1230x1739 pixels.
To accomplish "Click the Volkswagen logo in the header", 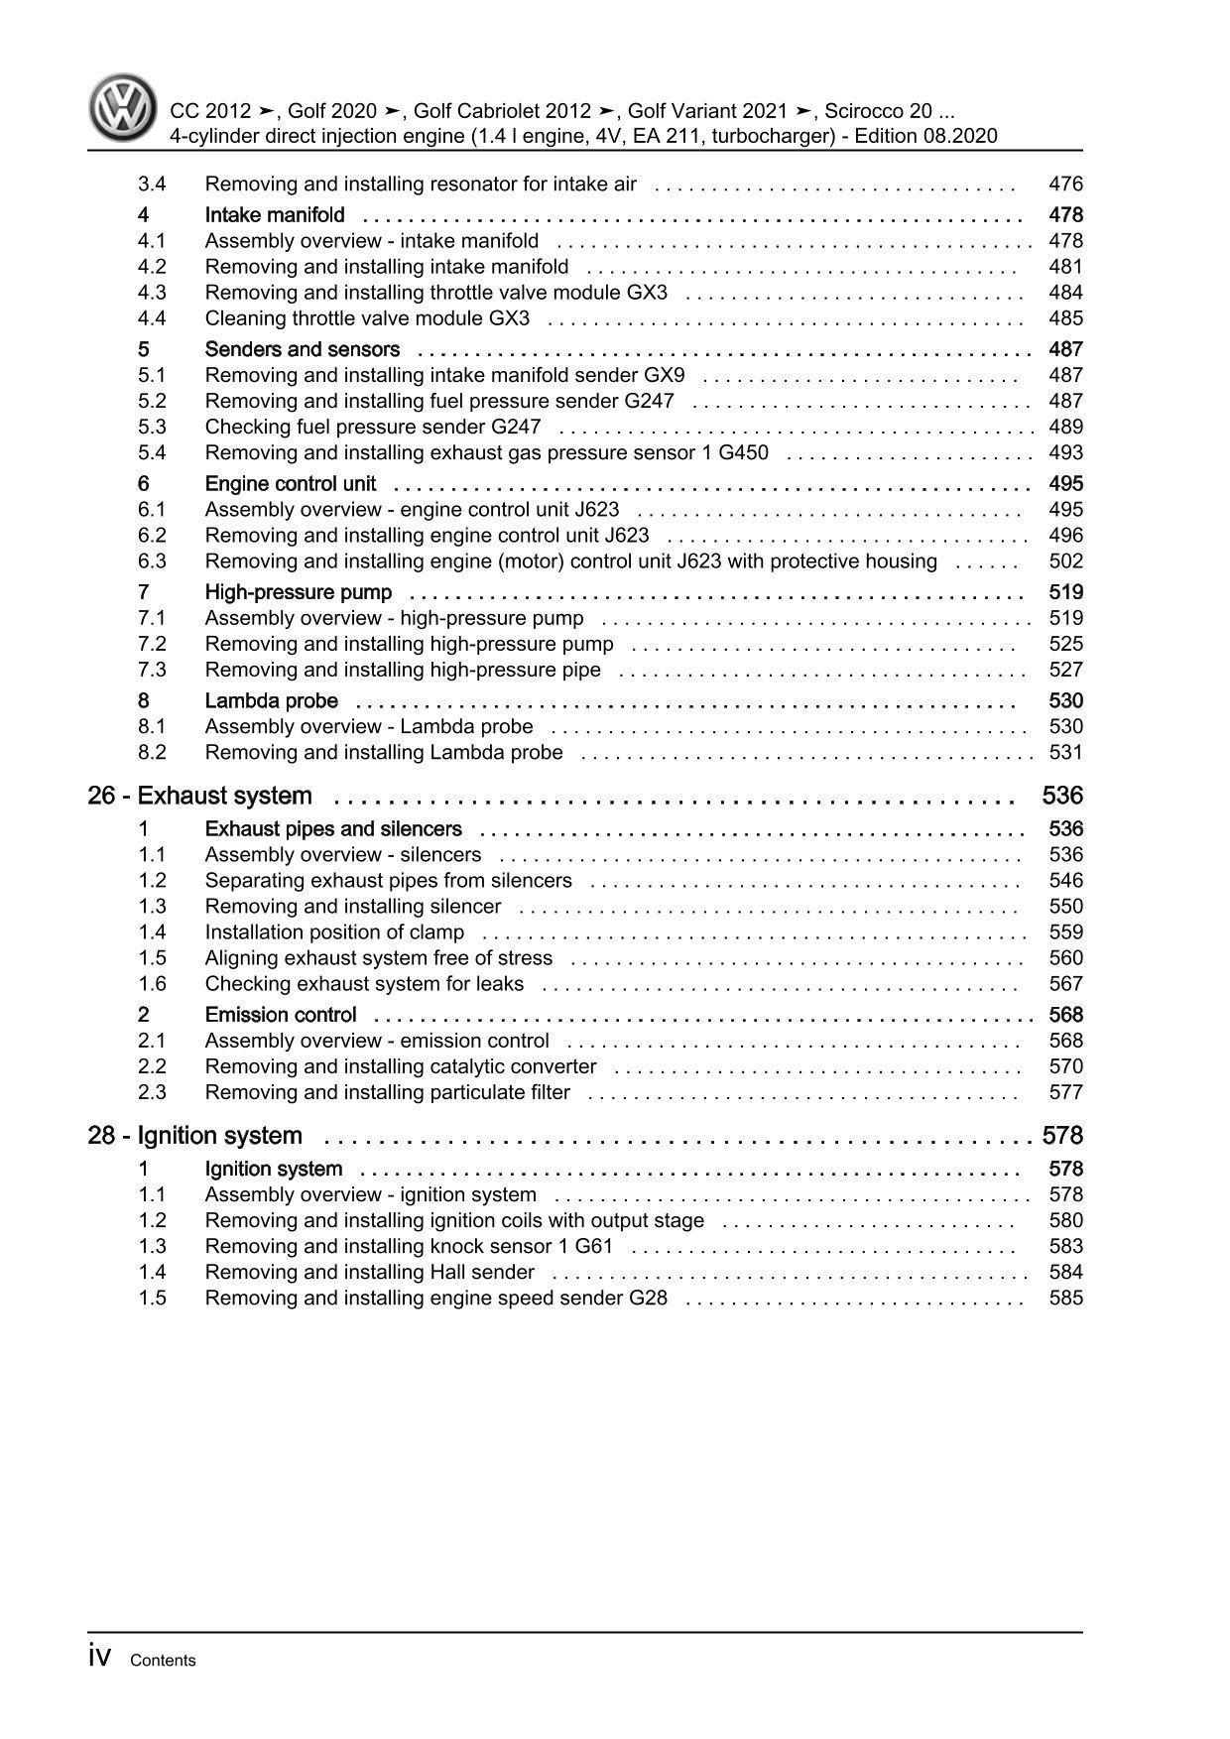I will pos(124,109).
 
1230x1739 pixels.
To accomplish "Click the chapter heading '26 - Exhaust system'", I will pos(199,796).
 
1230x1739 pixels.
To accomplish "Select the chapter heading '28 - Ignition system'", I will pos(194,1135).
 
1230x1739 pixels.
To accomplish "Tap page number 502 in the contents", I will pos(1065,561).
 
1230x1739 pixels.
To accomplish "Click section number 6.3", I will pos(152,561).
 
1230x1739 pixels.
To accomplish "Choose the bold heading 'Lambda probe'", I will pos(271,701).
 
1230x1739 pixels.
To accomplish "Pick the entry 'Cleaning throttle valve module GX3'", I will pos(367,318).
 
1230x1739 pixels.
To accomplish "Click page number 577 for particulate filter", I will pos(1065,1092).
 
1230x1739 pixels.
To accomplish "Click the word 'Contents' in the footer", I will pos(163,1661).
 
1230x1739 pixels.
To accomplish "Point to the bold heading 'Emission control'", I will pos(281,1015).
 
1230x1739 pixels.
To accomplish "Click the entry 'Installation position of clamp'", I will pos(334,932).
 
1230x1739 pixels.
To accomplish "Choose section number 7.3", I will pos(152,670).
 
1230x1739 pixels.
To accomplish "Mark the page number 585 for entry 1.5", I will pos(1065,1299).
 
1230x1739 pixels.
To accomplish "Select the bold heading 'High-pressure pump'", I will pos(298,592).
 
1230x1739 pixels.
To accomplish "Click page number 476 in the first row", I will pos(1065,185).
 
